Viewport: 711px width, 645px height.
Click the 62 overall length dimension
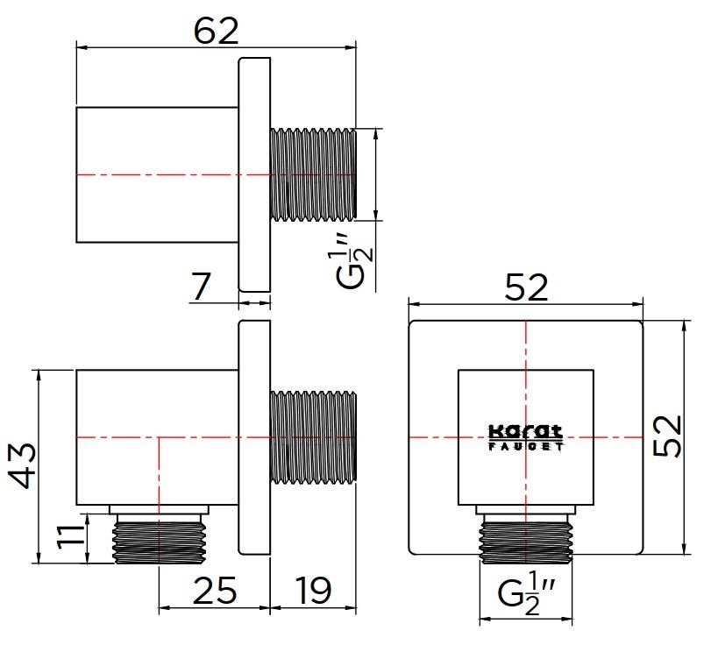(216, 31)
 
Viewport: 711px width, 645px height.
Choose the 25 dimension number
(214, 592)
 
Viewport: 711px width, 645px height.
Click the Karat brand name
(525, 431)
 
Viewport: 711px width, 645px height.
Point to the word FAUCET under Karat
(525, 445)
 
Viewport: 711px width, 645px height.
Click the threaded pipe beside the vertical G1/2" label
(313, 174)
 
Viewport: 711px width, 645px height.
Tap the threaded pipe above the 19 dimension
(313, 436)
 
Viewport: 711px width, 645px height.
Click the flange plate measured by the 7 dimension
(254, 174)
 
